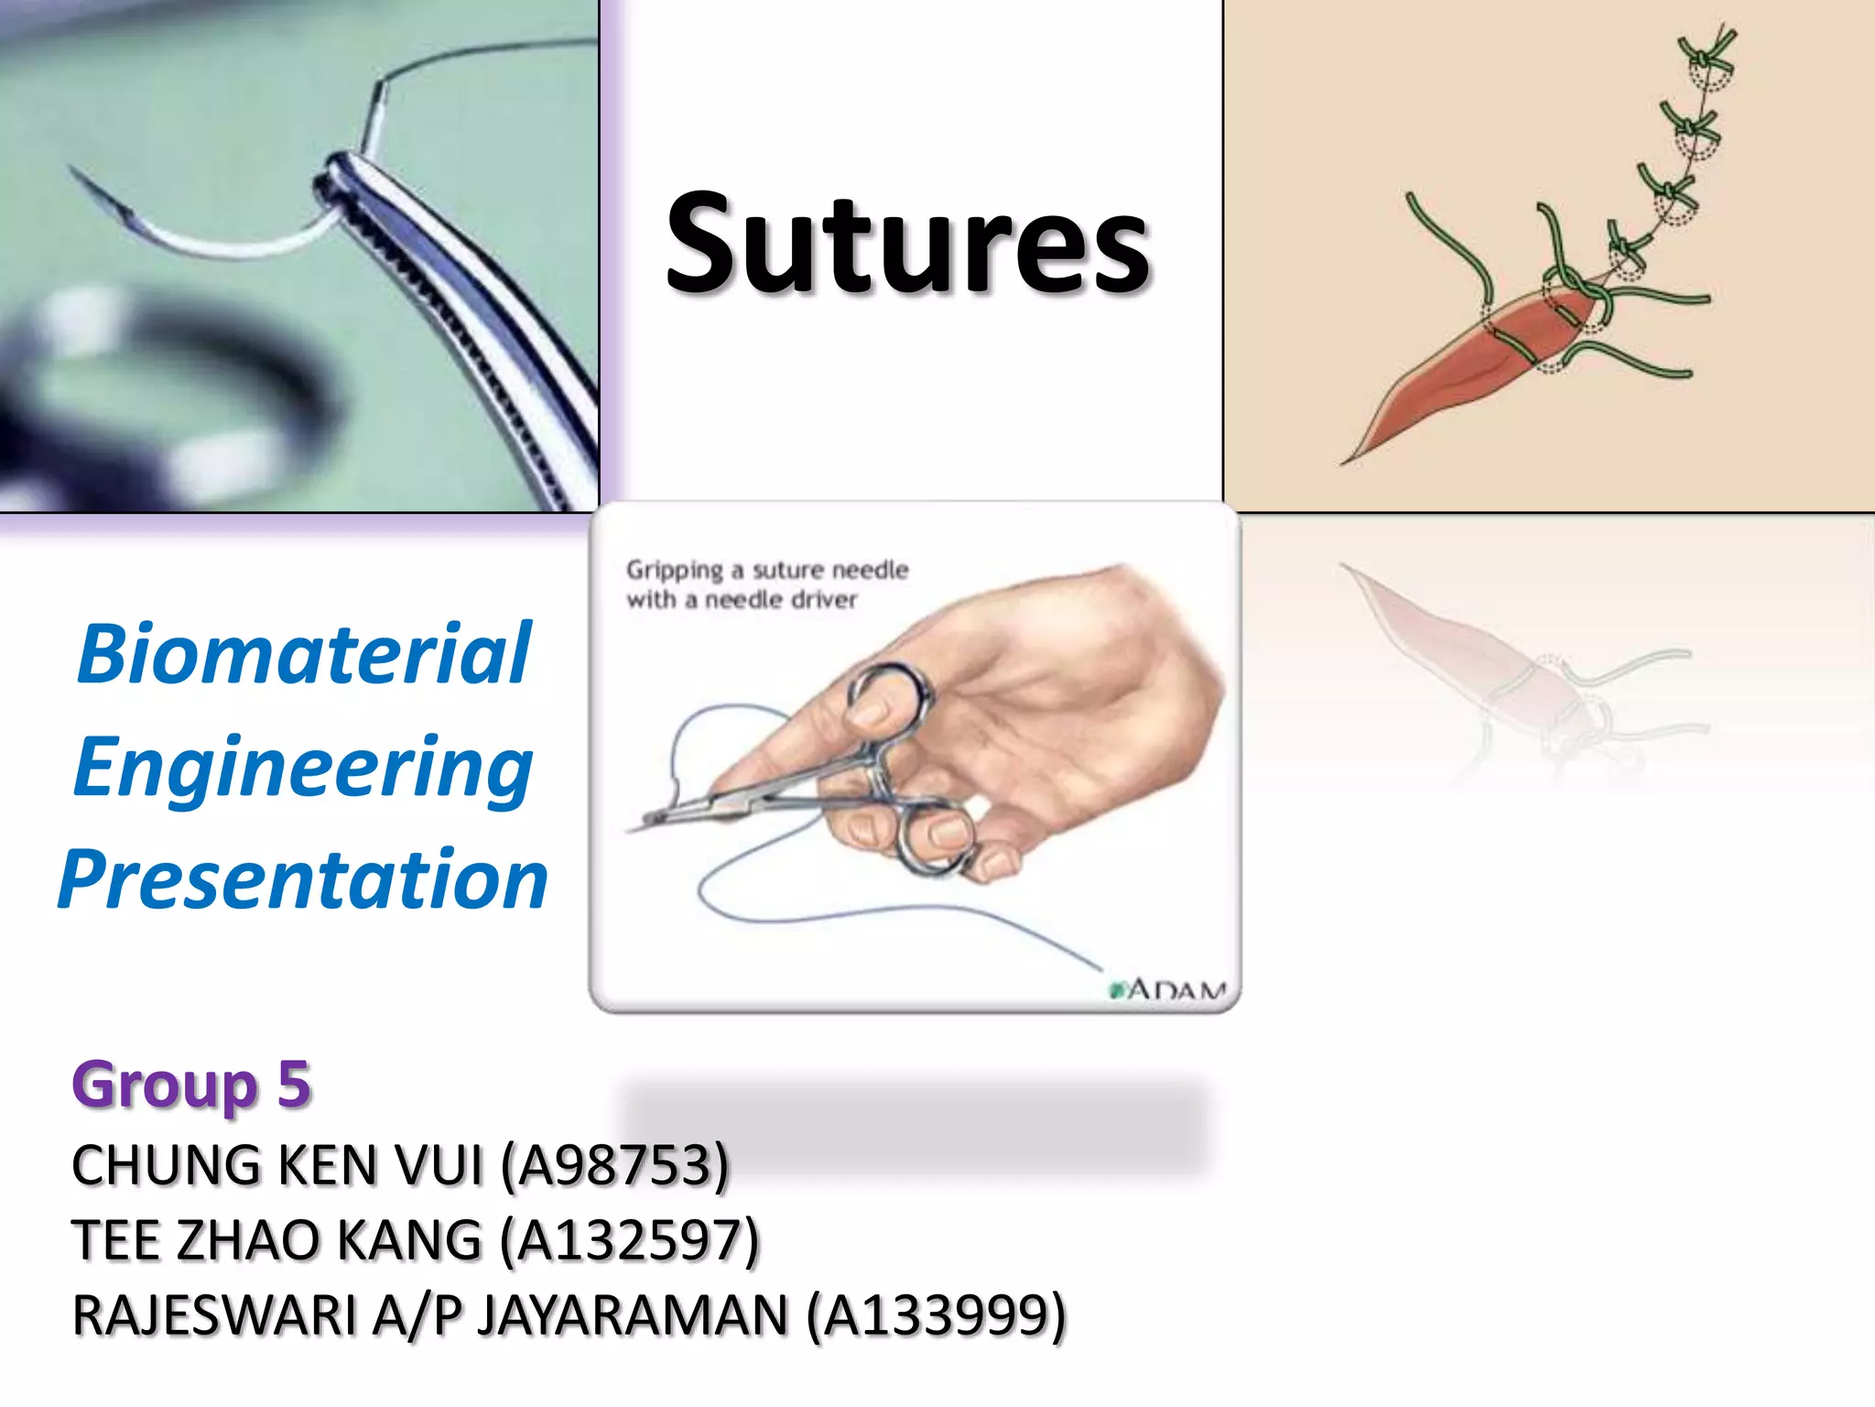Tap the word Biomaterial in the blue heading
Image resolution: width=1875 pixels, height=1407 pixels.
pyautogui.click(x=304, y=654)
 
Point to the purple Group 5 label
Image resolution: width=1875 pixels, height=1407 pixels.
pyautogui.click(x=191, y=1085)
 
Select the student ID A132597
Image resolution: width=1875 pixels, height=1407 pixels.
pyautogui.click(x=630, y=1240)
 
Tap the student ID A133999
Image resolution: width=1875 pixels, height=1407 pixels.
pyautogui.click(x=936, y=1315)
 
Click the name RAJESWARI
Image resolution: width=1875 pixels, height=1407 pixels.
pyautogui.click(x=214, y=1315)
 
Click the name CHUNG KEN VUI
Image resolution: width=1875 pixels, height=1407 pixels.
pyautogui.click(x=276, y=1165)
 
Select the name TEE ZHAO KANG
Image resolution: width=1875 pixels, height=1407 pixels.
pyautogui.click(x=276, y=1240)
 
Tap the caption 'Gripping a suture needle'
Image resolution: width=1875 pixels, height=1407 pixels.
pyautogui.click(x=767, y=570)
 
